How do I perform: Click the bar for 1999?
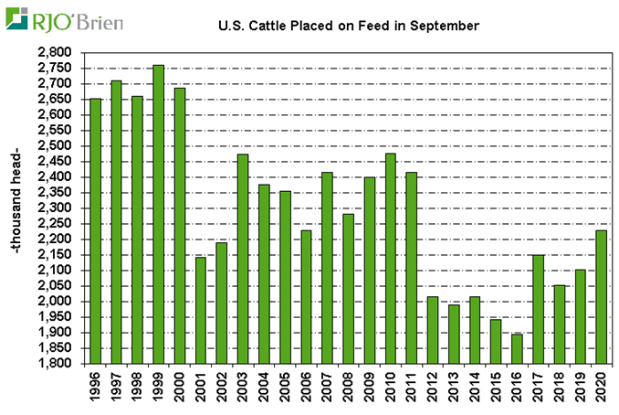tap(159, 214)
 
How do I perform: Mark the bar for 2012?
tap(433, 330)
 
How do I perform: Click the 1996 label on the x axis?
tap(96, 388)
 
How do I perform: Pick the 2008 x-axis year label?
tap(349, 388)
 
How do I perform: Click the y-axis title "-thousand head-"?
tap(18, 208)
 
